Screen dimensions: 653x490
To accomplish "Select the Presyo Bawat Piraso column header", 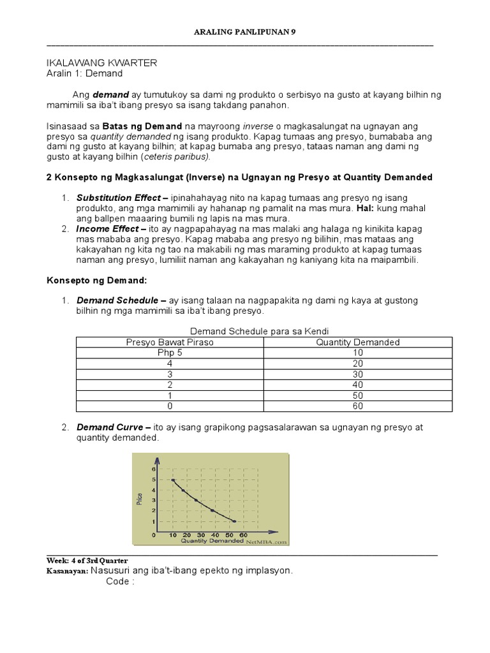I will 170,342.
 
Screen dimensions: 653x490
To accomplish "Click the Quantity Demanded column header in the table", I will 358,342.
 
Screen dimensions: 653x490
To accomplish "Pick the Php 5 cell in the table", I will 170,353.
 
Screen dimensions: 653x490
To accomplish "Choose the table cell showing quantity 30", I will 358,374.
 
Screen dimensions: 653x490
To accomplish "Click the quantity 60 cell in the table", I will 358,406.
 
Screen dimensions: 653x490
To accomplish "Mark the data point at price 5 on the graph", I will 173,480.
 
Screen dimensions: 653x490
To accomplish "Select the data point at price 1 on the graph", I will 233,521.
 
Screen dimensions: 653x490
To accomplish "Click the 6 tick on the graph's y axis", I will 154,469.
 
